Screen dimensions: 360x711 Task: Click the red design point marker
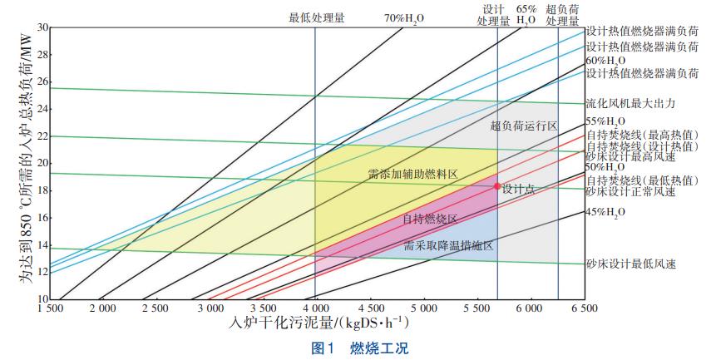tap(497, 186)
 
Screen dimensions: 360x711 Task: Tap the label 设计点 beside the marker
tap(518, 189)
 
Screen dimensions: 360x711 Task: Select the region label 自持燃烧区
tap(430, 219)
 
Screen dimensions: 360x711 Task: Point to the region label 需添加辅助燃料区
tap(412, 175)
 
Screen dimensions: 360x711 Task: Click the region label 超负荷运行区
tap(523, 126)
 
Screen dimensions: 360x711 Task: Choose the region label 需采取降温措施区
tap(448, 246)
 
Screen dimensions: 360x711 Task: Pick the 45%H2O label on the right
tap(605, 211)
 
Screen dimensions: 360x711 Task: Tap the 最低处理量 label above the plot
tap(316, 17)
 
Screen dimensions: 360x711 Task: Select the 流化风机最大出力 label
tap(630, 104)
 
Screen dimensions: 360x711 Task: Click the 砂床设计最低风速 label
tap(630, 264)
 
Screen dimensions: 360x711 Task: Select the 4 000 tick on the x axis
tap(315, 308)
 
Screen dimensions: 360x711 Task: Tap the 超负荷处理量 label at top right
tap(562, 16)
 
